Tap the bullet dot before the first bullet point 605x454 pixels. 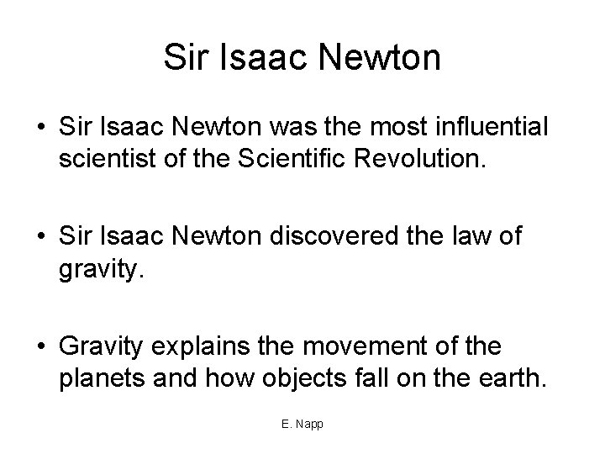pos(41,128)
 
